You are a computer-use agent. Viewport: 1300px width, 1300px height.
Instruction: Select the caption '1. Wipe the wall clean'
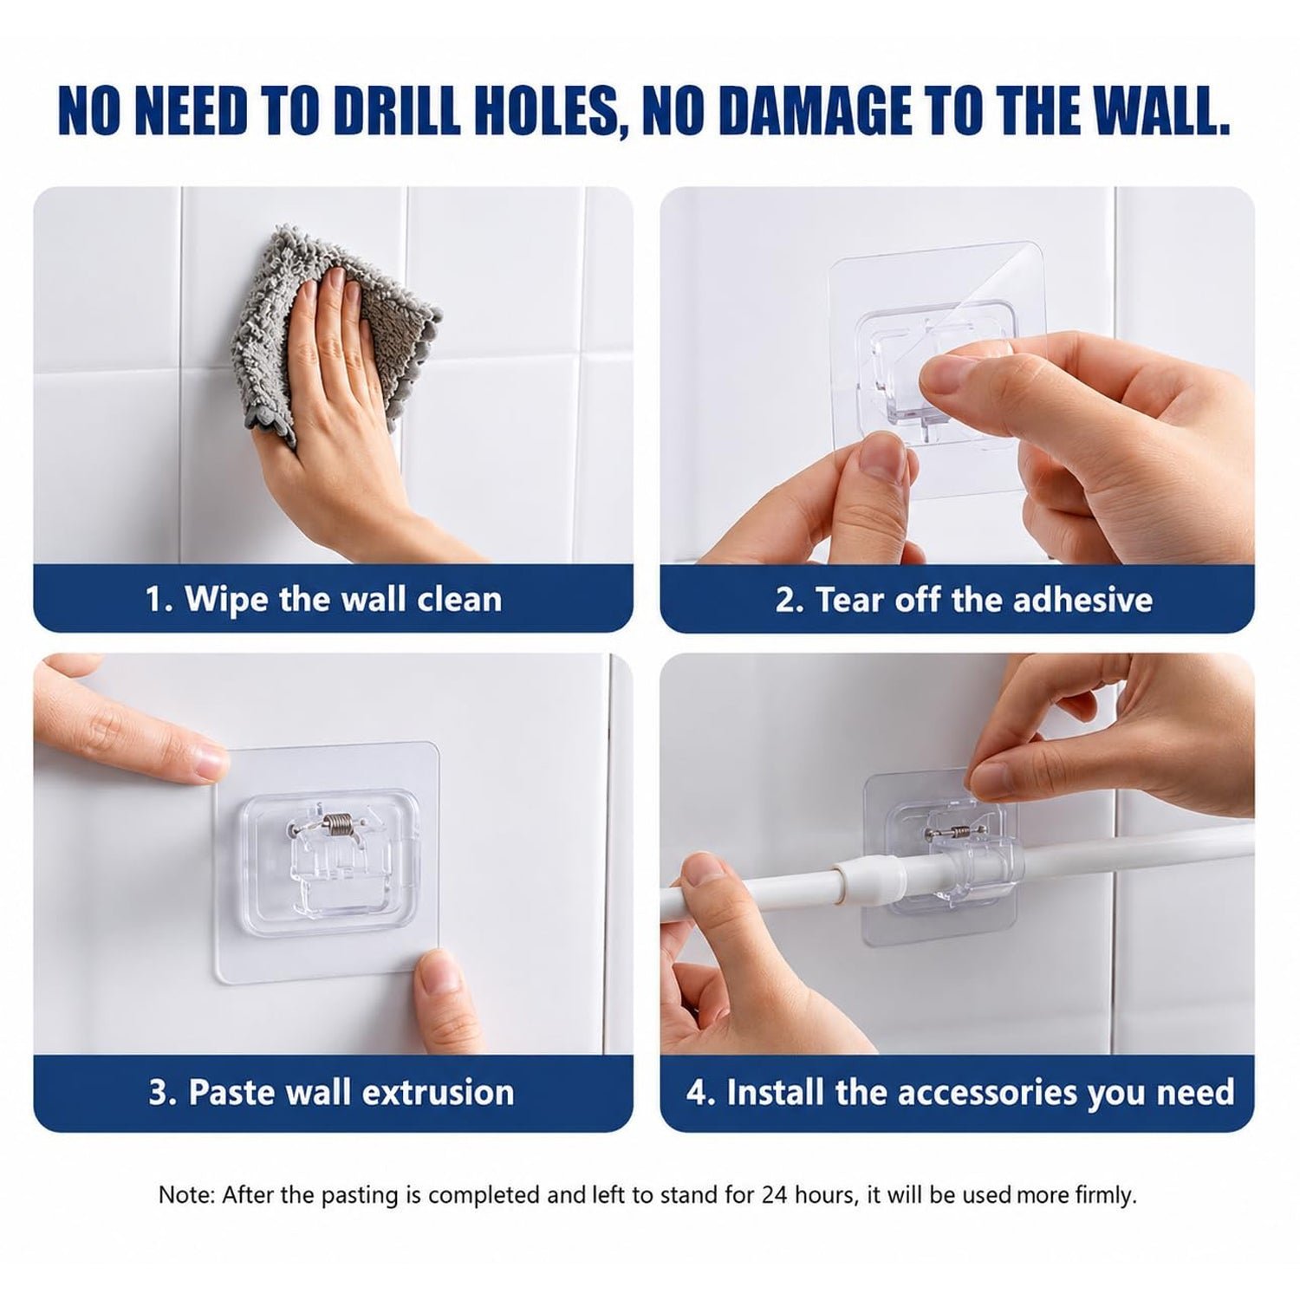coord(323,599)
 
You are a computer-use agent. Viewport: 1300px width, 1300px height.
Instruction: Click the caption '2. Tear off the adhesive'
coord(964,599)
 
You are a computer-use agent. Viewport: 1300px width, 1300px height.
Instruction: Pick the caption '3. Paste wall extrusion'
coord(331,1092)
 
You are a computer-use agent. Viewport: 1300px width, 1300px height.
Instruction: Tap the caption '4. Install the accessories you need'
coord(960,1092)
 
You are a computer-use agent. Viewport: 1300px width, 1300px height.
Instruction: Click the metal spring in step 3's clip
coord(339,827)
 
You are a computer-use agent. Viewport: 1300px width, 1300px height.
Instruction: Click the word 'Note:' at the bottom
coord(185,1195)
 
